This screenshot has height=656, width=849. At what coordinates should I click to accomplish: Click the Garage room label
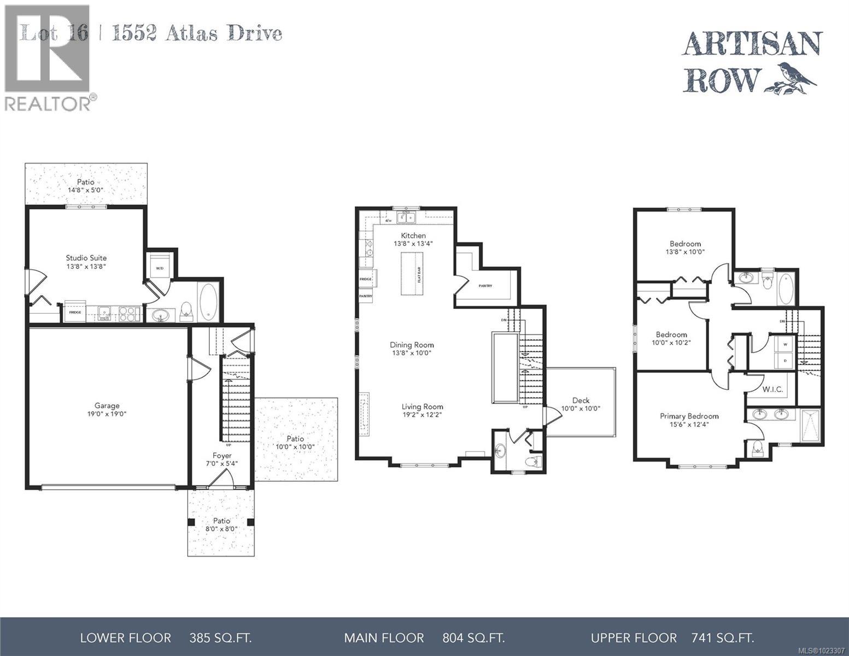click(107, 406)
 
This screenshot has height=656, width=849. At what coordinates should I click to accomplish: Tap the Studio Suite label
click(86, 258)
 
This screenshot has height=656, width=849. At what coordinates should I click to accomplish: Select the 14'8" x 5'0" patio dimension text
click(85, 190)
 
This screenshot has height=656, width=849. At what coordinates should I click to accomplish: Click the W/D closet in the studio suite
click(160, 267)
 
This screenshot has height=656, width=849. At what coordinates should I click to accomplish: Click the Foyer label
click(222, 455)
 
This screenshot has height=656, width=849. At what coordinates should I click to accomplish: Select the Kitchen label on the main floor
click(413, 236)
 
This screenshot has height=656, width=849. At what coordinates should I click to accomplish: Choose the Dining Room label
click(412, 345)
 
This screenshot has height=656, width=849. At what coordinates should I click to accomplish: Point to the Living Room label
click(422, 407)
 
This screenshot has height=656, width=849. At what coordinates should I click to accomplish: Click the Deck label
click(581, 400)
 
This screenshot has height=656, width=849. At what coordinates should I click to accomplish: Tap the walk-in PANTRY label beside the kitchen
click(485, 286)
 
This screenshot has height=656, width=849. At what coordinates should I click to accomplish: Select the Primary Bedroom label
click(689, 416)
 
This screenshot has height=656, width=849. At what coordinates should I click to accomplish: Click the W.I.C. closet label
click(773, 389)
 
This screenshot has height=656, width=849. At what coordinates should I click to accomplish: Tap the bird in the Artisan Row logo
click(796, 75)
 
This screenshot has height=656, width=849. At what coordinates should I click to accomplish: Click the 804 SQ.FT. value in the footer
click(473, 637)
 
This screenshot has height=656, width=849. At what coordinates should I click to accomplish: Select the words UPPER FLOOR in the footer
click(633, 637)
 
